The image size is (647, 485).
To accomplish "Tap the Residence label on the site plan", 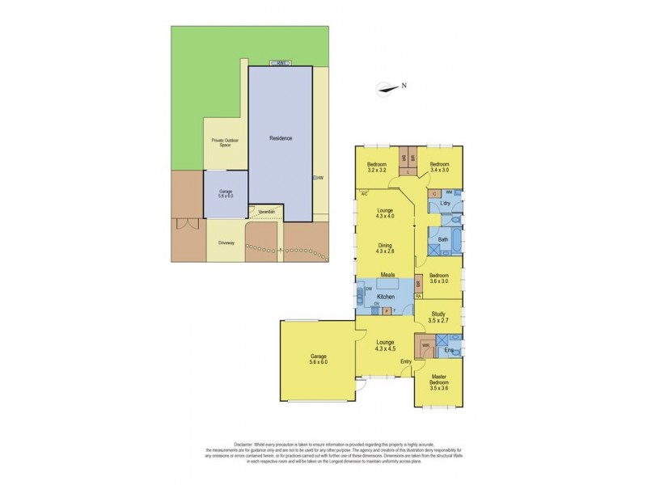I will coord(281,139).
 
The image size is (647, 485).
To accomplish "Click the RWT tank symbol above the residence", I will coord(281,63).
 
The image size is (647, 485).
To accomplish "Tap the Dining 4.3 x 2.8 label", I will coord(384,248).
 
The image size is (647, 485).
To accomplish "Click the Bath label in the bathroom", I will coord(443,240).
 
